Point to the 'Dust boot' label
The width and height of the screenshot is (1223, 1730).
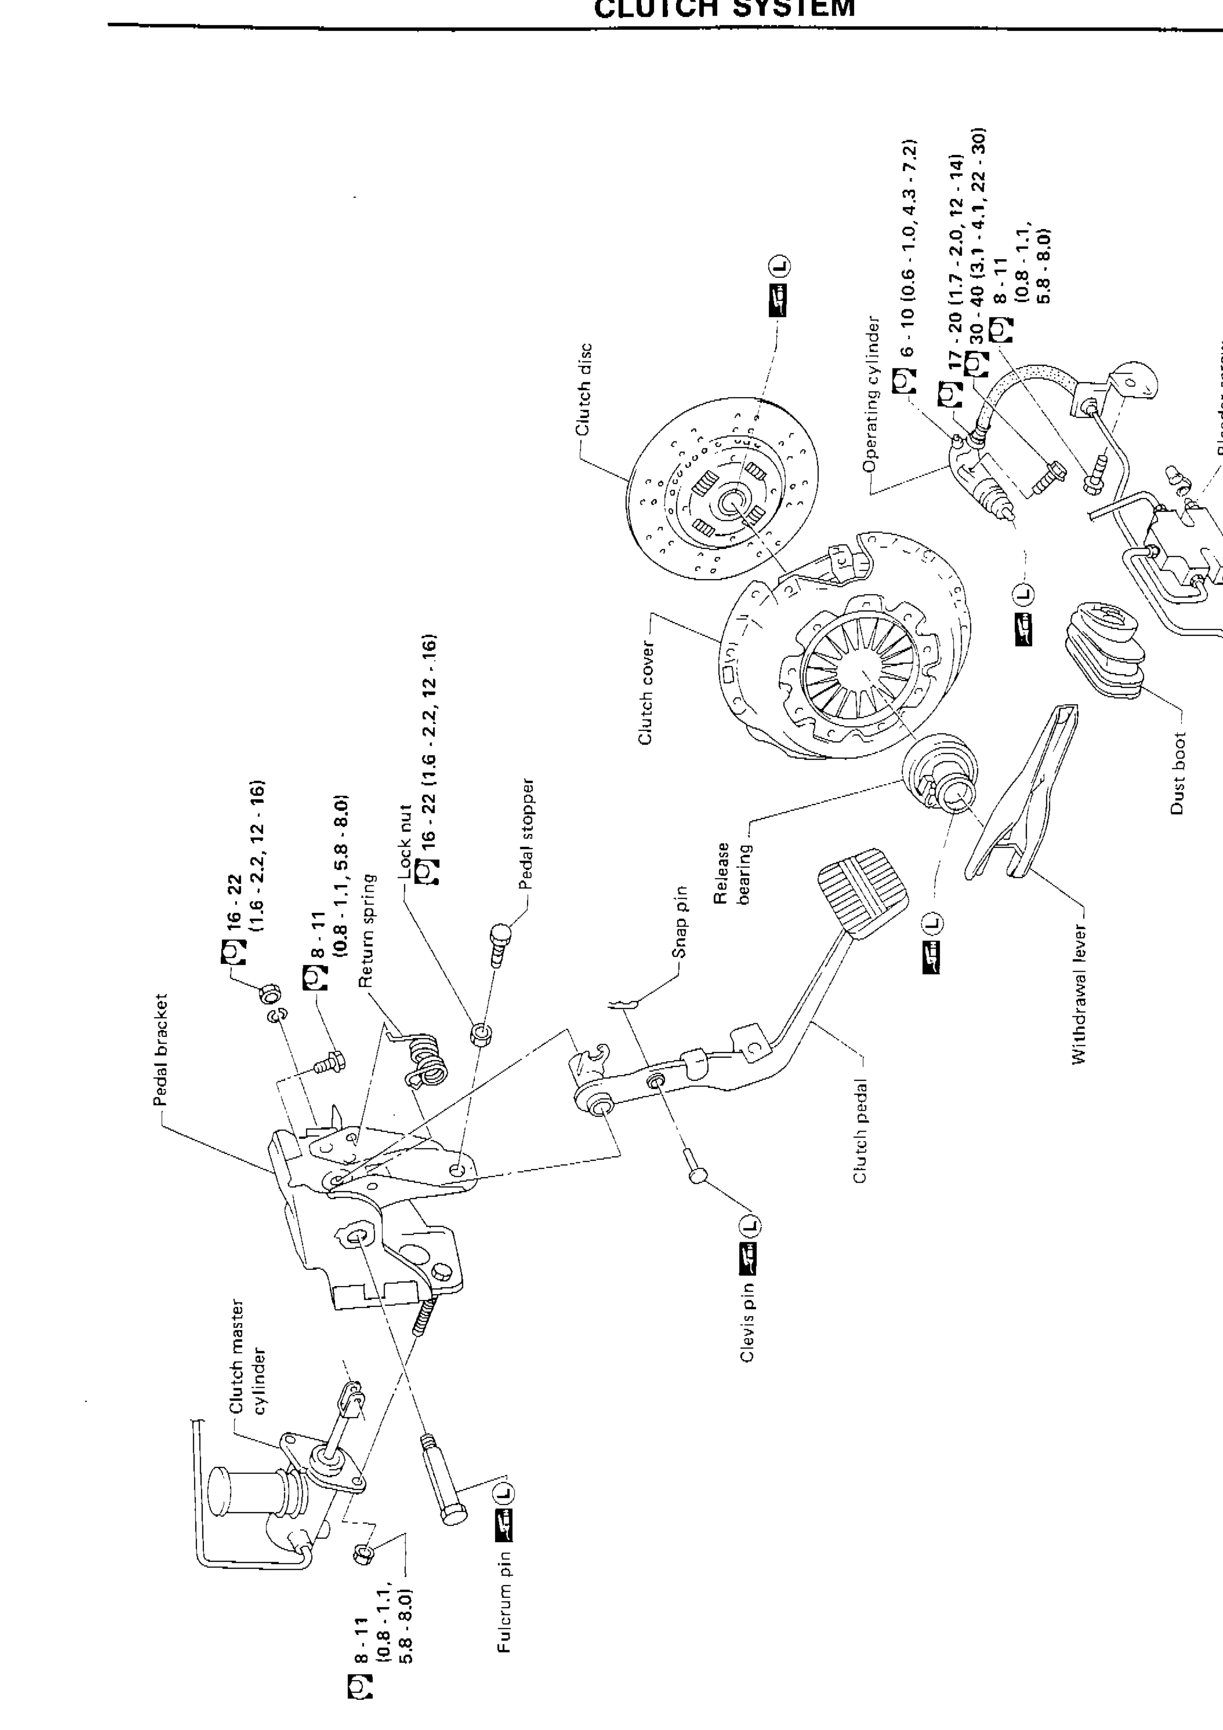1179,773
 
